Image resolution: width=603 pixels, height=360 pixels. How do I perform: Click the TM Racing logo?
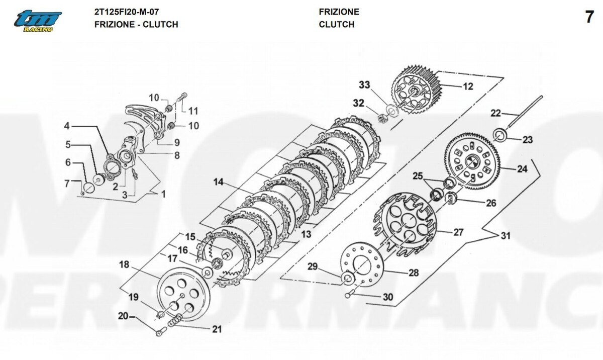tap(38, 21)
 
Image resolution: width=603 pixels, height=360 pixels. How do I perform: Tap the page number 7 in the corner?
tap(589, 17)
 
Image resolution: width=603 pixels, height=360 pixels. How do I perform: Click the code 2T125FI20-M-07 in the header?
tap(127, 12)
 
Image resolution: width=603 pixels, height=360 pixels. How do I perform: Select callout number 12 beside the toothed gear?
tap(468, 86)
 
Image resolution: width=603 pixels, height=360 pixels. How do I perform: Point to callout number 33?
tap(364, 85)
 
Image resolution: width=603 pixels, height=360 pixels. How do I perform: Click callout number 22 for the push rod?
tap(495, 113)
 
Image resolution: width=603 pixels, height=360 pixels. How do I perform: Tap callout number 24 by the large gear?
tap(522, 169)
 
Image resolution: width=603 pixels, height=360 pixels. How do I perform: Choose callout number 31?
tap(506, 236)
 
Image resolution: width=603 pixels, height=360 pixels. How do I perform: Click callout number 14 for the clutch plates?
tap(218, 183)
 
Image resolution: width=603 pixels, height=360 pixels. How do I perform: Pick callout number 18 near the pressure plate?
tap(124, 264)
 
